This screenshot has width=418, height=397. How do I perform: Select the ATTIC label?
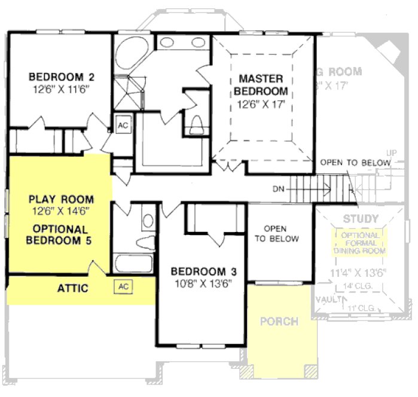(73, 289)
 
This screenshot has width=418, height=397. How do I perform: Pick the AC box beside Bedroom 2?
(123, 126)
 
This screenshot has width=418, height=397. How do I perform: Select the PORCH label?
(279, 322)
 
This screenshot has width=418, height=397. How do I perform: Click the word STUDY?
(361, 219)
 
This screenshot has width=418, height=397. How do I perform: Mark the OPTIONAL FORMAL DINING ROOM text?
(361, 243)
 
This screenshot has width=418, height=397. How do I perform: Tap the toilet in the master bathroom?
(196, 124)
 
